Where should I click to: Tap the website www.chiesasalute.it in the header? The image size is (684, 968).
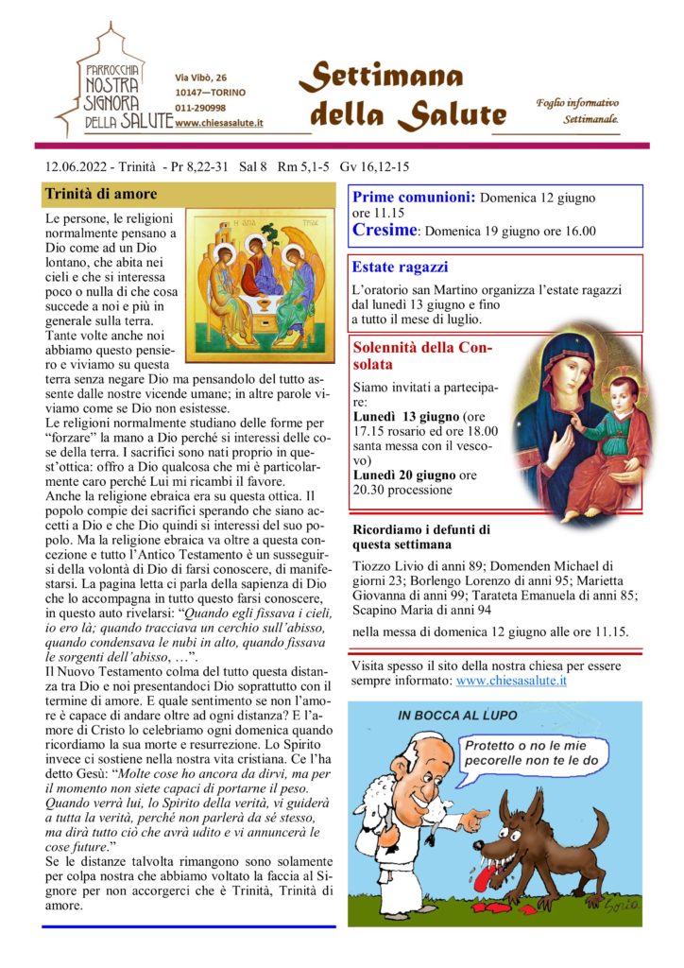(218, 123)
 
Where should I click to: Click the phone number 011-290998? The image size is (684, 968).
(200, 108)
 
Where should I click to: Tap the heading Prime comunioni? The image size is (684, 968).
(414, 199)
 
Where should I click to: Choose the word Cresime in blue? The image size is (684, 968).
(384, 230)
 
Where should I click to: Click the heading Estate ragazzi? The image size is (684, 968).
(400, 268)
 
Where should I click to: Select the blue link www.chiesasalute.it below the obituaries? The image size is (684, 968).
(510, 680)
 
